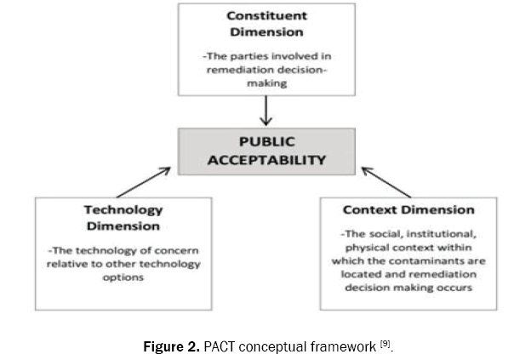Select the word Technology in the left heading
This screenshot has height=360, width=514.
(x=123, y=210)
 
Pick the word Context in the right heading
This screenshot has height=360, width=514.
(x=372, y=209)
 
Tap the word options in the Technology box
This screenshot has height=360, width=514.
(x=123, y=278)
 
